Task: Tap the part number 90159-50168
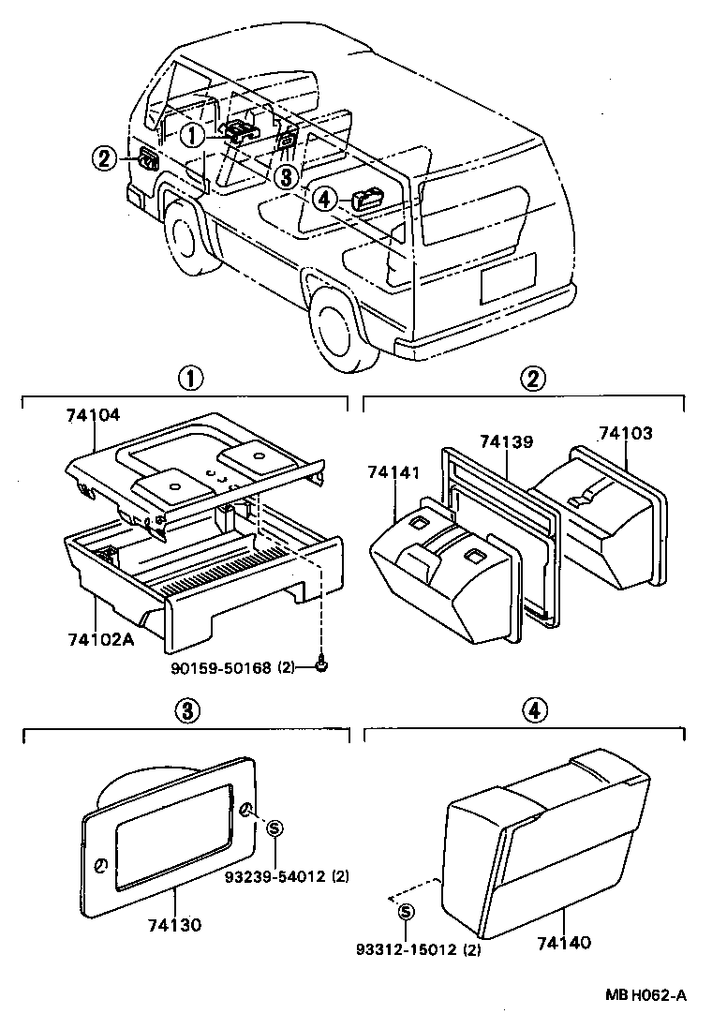pyautogui.click(x=221, y=667)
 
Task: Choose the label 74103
pyautogui.click(x=625, y=434)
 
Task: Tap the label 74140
pyautogui.click(x=565, y=942)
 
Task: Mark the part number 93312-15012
pyautogui.click(x=405, y=949)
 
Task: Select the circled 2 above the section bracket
pyautogui.click(x=532, y=380)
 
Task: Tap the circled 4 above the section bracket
pyautogui.click(x=532, y=711)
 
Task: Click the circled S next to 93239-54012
pyautogui.click(x=274, y=828)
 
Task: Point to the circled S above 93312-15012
pyautogui.click(x=405, y=912)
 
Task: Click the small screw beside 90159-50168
pyautogui.click(x=321, y=666)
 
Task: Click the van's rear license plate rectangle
pyautogui.click(x=509, y=278)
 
